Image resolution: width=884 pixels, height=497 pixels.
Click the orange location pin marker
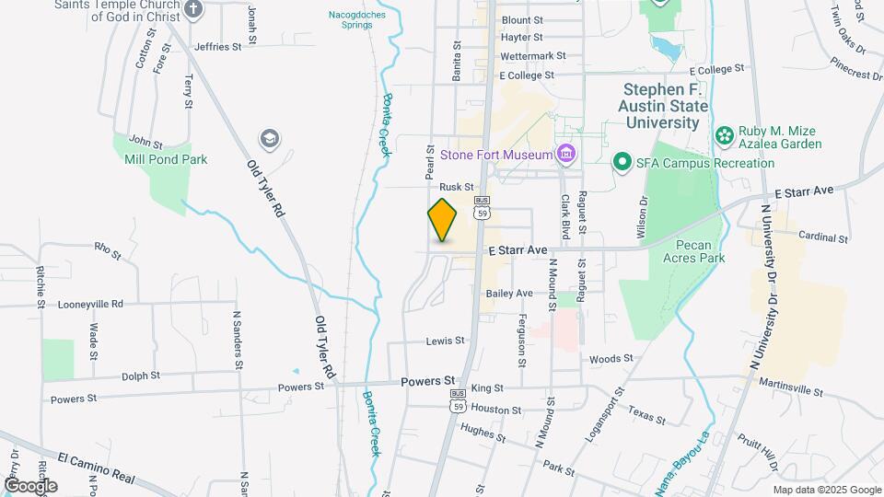442,220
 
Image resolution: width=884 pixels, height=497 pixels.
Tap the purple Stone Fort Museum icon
565,154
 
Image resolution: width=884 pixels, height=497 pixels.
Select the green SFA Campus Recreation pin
622,163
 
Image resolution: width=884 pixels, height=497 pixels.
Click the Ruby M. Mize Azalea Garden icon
725,136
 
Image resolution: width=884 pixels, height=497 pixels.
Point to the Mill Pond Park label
166,159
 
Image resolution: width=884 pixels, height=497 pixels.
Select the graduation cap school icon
269,139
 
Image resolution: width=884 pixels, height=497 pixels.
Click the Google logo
29,486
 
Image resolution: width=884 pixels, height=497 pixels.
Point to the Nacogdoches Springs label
351,19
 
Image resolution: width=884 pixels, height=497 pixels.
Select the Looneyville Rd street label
90,304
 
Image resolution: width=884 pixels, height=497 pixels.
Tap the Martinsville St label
790,390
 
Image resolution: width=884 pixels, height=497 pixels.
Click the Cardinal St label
822,237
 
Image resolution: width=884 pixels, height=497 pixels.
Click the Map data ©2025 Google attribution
827,490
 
